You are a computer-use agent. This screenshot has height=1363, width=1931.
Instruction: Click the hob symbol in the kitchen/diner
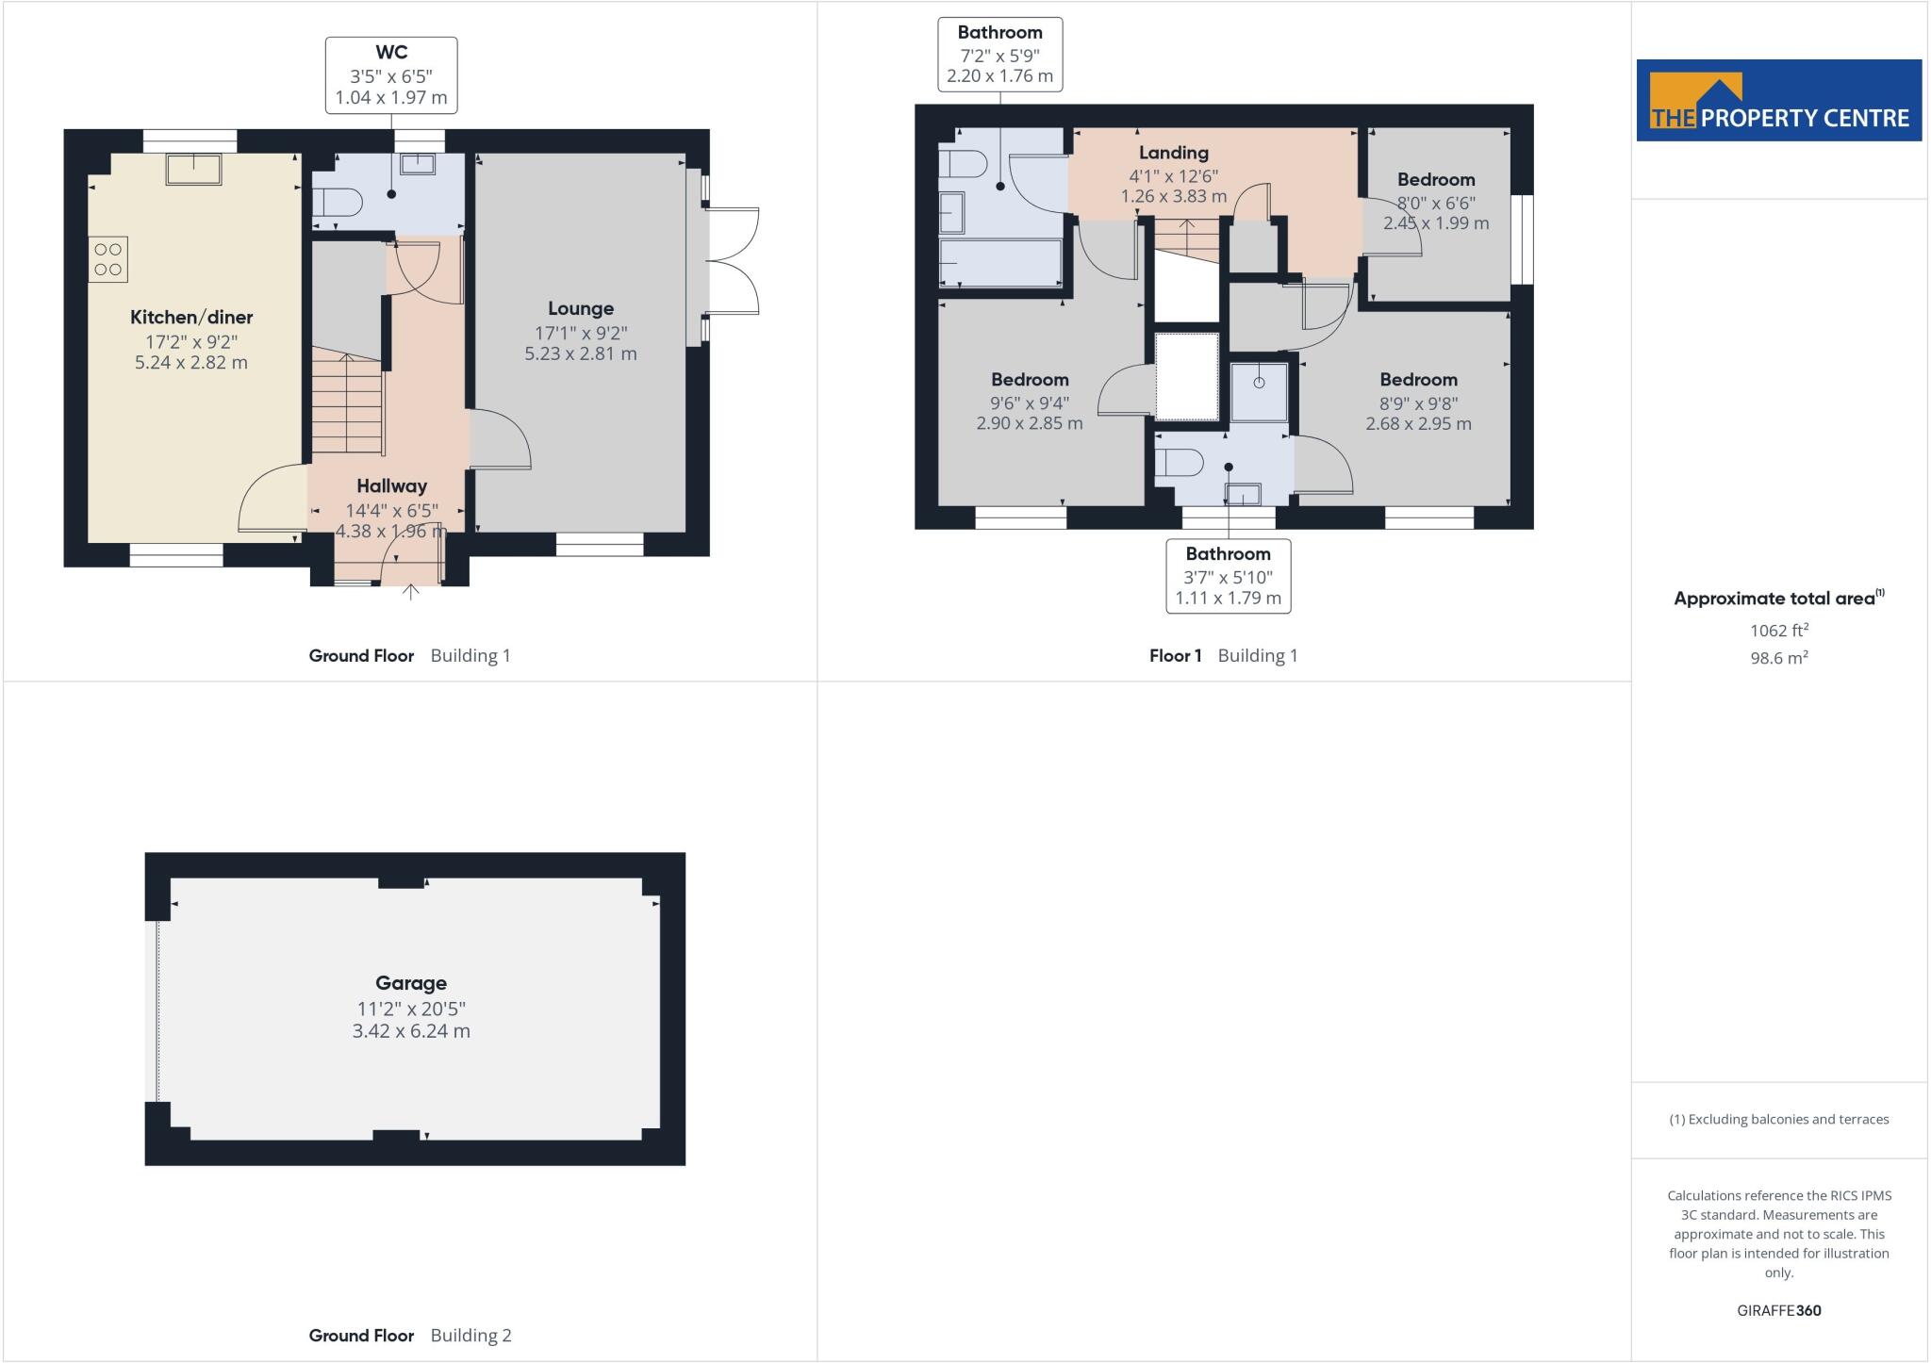click(108, 260)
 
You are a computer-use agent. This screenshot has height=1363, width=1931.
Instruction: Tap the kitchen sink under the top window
click(193, 170)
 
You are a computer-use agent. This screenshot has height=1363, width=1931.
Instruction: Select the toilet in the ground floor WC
click(338, 203)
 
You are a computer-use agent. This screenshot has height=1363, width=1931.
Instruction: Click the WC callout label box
click(391, 75)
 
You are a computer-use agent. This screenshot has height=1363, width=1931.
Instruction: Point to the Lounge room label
click(581, 309)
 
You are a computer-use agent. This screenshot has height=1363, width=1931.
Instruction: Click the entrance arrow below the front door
click(411, 593)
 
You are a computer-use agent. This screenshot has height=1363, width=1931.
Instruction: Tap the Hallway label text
click(391, 486)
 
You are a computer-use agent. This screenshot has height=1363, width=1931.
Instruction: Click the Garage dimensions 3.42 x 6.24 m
click(411, 1031)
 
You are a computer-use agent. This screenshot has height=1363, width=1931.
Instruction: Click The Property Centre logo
click(1778, 101)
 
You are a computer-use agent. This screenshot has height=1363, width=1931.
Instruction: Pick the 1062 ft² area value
click(1778, 631)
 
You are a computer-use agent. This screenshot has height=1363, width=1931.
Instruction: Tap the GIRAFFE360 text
click(1778, 1310)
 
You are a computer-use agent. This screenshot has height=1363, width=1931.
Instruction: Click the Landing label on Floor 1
click(1173, 153)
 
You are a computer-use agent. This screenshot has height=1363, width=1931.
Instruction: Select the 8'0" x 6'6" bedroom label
click(1435, 202)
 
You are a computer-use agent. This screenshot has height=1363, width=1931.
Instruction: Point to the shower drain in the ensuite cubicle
click(1259, 383)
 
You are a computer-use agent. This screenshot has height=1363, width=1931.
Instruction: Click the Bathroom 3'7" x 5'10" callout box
click(1228, 576)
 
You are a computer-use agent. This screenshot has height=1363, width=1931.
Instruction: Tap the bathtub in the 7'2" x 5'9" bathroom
click(1000, 262)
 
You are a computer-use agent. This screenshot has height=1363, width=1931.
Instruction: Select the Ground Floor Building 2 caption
click(410, 1336)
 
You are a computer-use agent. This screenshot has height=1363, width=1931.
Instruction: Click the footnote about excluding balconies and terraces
click(1778, 1120)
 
